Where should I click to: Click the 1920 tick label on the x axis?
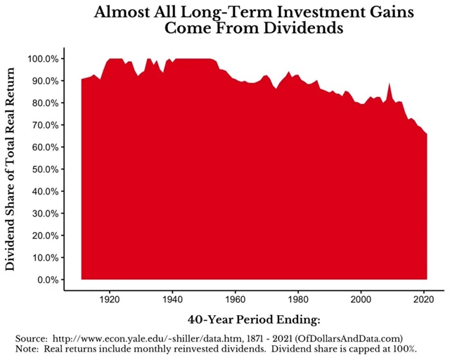coord(110,297)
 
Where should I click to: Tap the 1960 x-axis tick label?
coord(235,297)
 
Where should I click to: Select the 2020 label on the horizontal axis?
coord(423,297)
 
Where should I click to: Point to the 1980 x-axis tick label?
coord(298,297)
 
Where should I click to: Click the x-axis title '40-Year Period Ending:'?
coord(245,319)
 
